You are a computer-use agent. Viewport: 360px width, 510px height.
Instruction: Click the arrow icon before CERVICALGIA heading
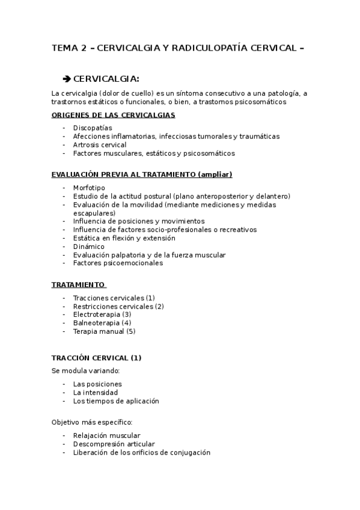point(67,79)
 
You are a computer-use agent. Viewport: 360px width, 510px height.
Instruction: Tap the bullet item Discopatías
point(93,128)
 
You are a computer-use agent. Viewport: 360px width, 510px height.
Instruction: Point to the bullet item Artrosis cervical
point(100,145)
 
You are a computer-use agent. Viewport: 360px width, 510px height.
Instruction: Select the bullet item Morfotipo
point(88,188)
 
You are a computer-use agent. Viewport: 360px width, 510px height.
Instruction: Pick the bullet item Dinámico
point(88,247)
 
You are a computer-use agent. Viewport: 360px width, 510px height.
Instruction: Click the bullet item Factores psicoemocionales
point(118,263)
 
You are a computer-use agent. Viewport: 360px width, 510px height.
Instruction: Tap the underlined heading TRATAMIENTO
point(78,284)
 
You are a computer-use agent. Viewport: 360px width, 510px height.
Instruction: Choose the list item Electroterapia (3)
point(102,315)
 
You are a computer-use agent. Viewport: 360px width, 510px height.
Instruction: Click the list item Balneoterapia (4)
point(102,323)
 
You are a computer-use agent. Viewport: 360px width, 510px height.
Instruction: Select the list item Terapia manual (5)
point(105,331)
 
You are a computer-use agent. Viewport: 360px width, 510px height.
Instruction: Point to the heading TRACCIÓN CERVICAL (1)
point(97,358)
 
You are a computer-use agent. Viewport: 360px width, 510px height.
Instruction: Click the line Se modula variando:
point(86,370)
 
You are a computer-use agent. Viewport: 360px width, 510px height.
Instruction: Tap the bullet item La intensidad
point(96,393)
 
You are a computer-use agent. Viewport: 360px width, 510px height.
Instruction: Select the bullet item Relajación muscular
point(107,436)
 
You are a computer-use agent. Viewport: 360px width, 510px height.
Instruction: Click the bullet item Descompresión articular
point(109,444)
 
